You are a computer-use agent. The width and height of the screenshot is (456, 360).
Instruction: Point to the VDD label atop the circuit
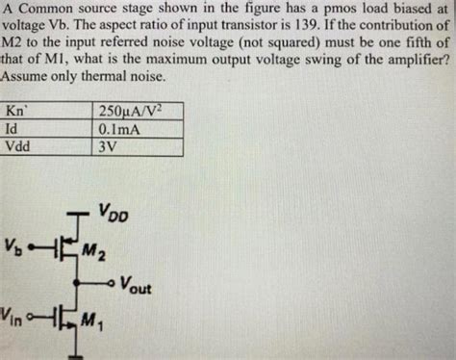tap(111, 210)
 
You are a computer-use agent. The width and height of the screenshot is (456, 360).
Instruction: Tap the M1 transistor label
tap(93, 321)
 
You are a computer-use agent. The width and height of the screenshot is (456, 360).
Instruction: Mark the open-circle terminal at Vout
tap(112, 283)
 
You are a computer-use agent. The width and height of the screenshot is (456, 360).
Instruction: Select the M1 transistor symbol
tap(65, 316)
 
